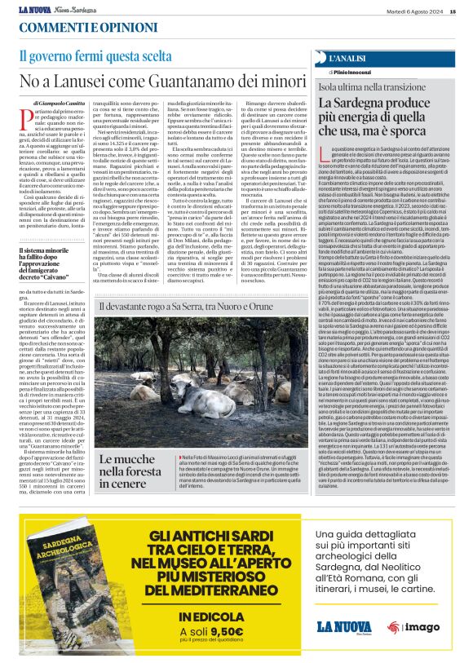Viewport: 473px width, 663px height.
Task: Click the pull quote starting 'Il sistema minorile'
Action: [53, 263]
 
